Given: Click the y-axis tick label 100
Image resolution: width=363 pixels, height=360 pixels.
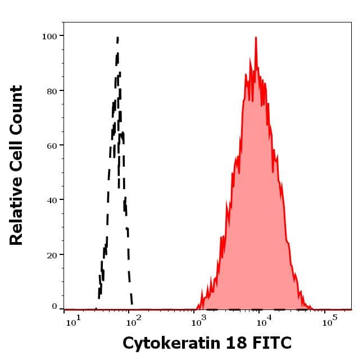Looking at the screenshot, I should (49, 36).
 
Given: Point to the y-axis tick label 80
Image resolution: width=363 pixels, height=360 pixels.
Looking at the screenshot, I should (52, 90).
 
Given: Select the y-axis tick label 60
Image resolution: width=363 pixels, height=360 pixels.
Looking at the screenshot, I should (52, 145).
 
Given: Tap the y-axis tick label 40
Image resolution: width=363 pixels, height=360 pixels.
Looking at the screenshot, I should (52, 199).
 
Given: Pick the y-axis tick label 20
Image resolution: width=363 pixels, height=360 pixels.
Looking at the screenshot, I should (52, 254).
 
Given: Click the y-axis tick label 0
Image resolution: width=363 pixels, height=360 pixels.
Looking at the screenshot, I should (55, 307).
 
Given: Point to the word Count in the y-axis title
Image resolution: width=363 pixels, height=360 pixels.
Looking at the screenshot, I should (17, 110).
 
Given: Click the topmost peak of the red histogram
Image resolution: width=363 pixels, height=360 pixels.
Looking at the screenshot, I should (256, 38).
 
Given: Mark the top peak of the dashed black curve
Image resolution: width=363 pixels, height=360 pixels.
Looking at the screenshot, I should (117, 38).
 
